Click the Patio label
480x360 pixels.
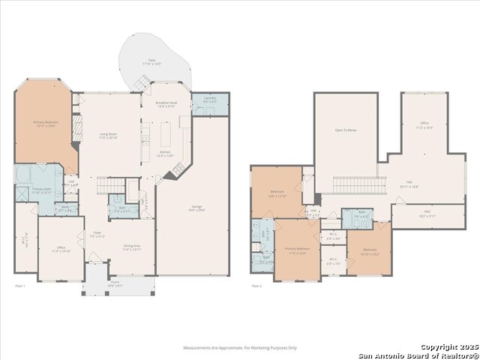tap(151, 61)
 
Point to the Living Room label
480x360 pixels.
tap(109, 136)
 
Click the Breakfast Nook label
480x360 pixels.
tap(165, 104)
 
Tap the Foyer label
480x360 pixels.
tap(97, 234)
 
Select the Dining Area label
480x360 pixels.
tap(132, 247)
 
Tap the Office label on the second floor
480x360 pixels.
tap(424, 125)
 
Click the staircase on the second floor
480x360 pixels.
tap(358, 184)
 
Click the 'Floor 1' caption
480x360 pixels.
tap(20, 286)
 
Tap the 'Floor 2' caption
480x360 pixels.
tap(256, 286)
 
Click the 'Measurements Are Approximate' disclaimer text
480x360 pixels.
tap(240, 347)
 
